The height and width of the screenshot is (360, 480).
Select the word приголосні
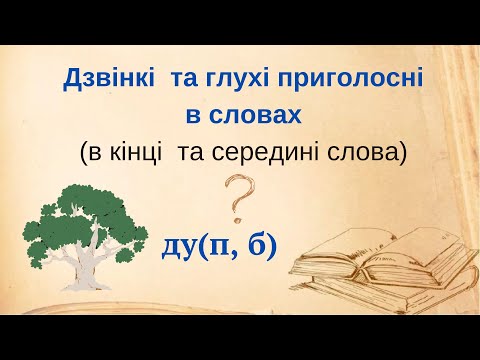click(x=344, y=77)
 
